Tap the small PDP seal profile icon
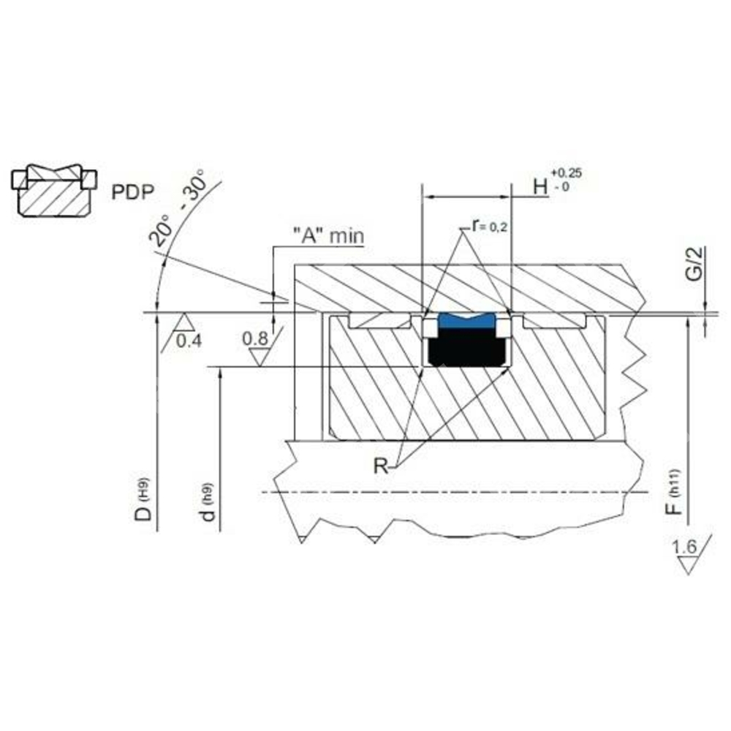[x=53, y=190]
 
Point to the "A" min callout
[x=328, y=235]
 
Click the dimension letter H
[x=541, y=186]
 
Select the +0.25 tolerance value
[x=567, y=173]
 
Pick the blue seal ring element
[x=466, y=321]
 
